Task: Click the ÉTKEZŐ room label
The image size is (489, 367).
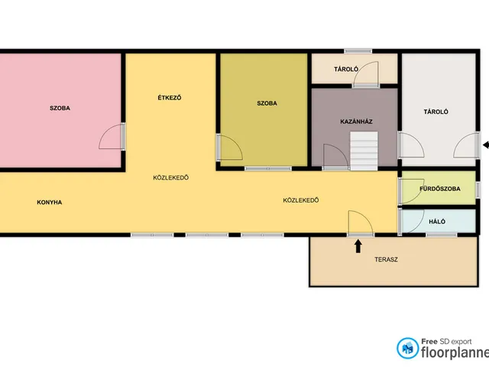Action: [x=170, y=98]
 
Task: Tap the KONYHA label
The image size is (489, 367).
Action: [x=49, y=202]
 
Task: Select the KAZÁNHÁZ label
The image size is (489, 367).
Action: [x=356, y=122]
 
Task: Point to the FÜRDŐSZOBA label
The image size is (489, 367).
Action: [x=440, y=189]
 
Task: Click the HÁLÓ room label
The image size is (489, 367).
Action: [x=437, y=222]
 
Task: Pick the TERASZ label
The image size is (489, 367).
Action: [x=386, y=259]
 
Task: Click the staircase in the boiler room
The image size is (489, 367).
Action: [x=364, y=151]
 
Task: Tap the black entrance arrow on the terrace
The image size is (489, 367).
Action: [x=358, y=246]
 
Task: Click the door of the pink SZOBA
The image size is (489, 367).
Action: [x=112, y=136]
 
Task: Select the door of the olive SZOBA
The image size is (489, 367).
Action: [x=229, y=148]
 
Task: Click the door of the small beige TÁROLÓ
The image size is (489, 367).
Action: [x=365, y=74]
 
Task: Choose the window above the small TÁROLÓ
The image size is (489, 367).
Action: [x=358, y=51]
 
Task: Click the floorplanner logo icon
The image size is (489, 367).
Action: [x=407, y=348]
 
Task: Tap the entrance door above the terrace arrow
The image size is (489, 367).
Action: [x=361, y=223]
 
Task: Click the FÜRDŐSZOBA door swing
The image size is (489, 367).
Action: [x=412, y=191]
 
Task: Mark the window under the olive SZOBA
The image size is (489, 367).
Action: [x=268, y=168]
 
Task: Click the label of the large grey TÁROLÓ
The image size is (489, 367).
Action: [x=436, y=112]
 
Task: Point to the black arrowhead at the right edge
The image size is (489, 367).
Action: [x=486, y=145]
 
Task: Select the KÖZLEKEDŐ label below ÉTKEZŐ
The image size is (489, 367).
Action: [x=171, y=177]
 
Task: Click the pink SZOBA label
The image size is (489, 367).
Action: [x=60, y=109]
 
